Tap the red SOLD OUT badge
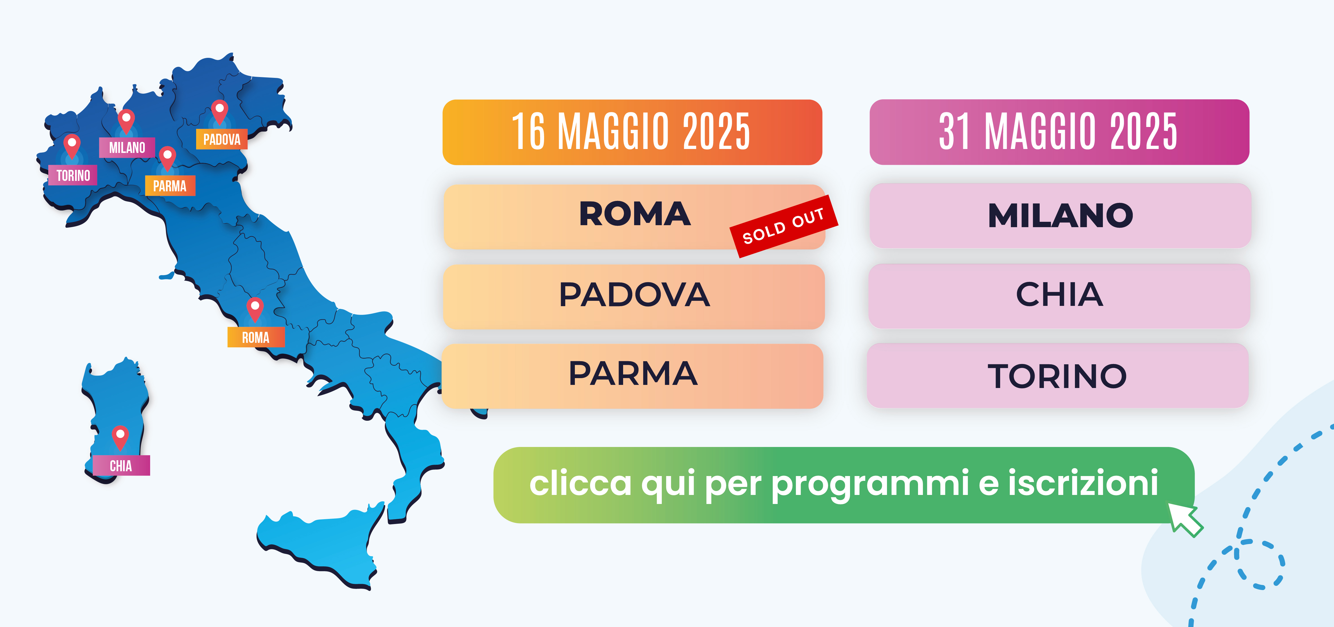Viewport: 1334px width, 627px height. pyautogui.click(x=783, y=226)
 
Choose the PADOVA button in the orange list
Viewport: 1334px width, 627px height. pyautogui.click(x=634, y=297)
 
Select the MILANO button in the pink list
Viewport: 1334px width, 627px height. pyautogui.click(x=1061, y=215)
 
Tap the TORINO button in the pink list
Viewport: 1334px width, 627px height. pyautogui.click(x=1058, y=375)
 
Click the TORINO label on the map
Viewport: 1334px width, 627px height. pyautogui.click(x=73, y=176)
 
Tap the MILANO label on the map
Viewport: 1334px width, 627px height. pyautogui.click(x=127, y=148)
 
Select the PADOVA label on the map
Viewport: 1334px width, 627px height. pyautogui.click(x=222, y=139)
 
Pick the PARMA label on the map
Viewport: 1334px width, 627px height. pyautogui.click(x=170, y=186)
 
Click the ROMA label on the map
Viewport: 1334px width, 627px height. pyautogui.click(x=256, y=337)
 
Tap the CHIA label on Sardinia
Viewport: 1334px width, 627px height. pyautogui.click(x=121, y=466)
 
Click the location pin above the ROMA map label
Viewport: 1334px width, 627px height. pyautogui.click(x=255, y=309)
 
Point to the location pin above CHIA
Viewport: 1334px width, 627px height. pyautogui.click(x=120, y=437)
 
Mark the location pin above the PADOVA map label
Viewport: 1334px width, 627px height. pyautogui.click(x=220, y=112)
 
